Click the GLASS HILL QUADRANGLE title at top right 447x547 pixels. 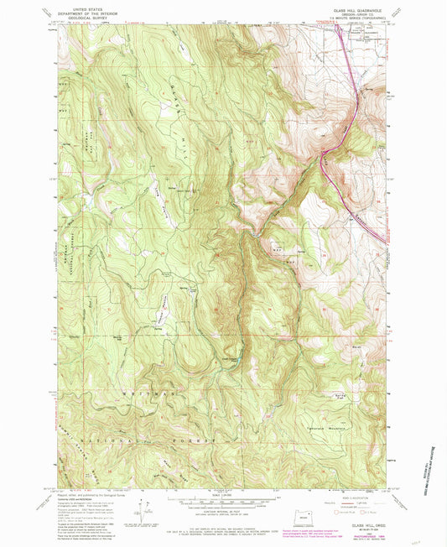pos(361,11)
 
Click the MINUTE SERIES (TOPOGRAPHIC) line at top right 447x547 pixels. pos(361,19)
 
